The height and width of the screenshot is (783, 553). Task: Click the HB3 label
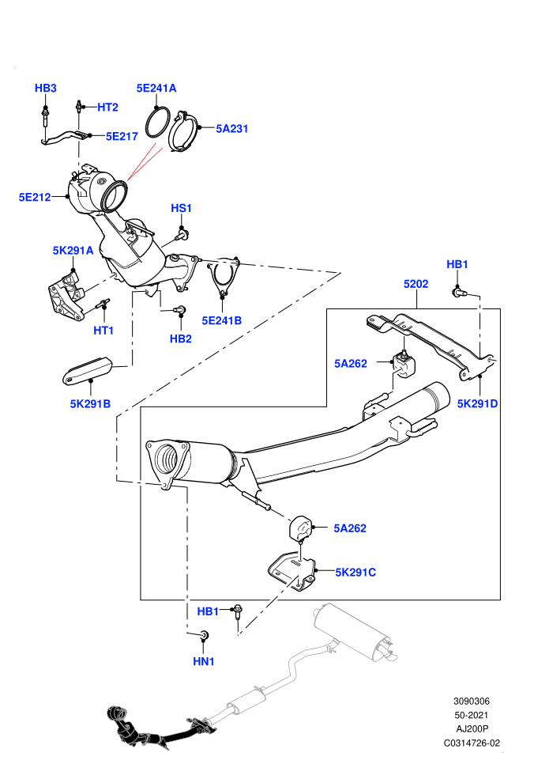click(x=45, y=88)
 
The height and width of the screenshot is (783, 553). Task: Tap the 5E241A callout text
click(x=156, y=88)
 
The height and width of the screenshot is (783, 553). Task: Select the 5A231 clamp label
click(x=232, y=128)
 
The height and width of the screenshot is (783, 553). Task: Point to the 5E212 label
click(x=35, y=197)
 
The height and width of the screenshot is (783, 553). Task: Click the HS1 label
click(x=181, y=208)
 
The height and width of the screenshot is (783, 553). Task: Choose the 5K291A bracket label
click(x=73, y=250)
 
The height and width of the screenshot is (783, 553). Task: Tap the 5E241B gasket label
click(x=221, y=320)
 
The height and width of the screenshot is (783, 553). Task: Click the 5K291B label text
click(x=90, y=403)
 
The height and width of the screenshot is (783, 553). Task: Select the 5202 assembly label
click(x=416, y=284)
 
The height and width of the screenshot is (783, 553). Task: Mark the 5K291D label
click(x=477, y=403)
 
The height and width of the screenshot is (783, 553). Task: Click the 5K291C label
click(x=355, y=573)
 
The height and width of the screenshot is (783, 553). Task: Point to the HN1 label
click(x=204, y=661)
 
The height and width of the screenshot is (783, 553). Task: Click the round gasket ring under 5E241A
click(x=156, y=123)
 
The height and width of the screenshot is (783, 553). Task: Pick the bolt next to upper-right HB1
click(x=458, y=292)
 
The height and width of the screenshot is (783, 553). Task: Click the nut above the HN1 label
click(x=204, y=634)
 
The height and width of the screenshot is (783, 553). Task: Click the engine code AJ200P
click(x=472, y=729)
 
